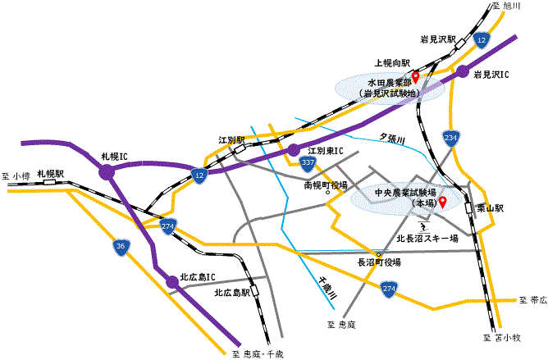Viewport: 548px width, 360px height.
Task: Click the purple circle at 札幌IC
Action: coord(107,171)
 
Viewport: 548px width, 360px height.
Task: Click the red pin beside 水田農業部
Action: coord(415,78)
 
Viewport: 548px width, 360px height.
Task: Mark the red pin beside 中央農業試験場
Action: coord(441,202)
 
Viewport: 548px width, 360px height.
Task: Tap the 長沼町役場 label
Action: coord(378,262)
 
